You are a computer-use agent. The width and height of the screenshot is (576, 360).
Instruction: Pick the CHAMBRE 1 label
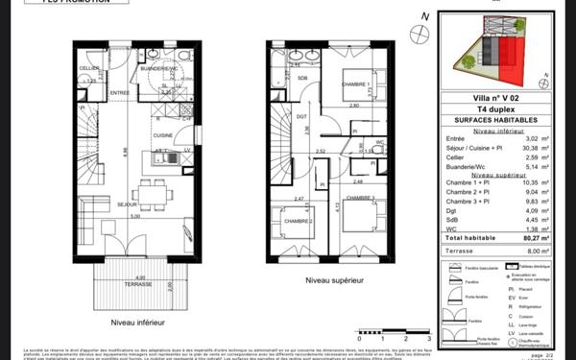354,84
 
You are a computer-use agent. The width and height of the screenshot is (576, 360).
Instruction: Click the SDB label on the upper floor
302,77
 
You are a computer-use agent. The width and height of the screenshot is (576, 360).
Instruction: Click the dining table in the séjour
148,195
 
